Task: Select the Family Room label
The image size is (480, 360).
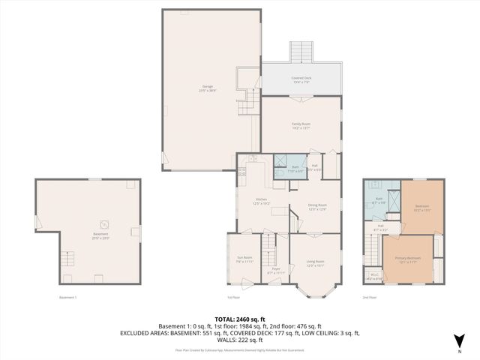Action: coord(301,125)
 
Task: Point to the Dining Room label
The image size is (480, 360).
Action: coord(317,206)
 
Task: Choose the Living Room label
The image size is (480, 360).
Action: coord(315,262)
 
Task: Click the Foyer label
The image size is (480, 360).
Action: coord(275,270)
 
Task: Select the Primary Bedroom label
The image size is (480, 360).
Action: coord(408,259)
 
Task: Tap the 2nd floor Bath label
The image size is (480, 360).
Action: coord(379,201)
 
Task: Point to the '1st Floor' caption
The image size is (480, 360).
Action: coord(235,298)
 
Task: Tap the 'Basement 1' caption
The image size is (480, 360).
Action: coord(68,298)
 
